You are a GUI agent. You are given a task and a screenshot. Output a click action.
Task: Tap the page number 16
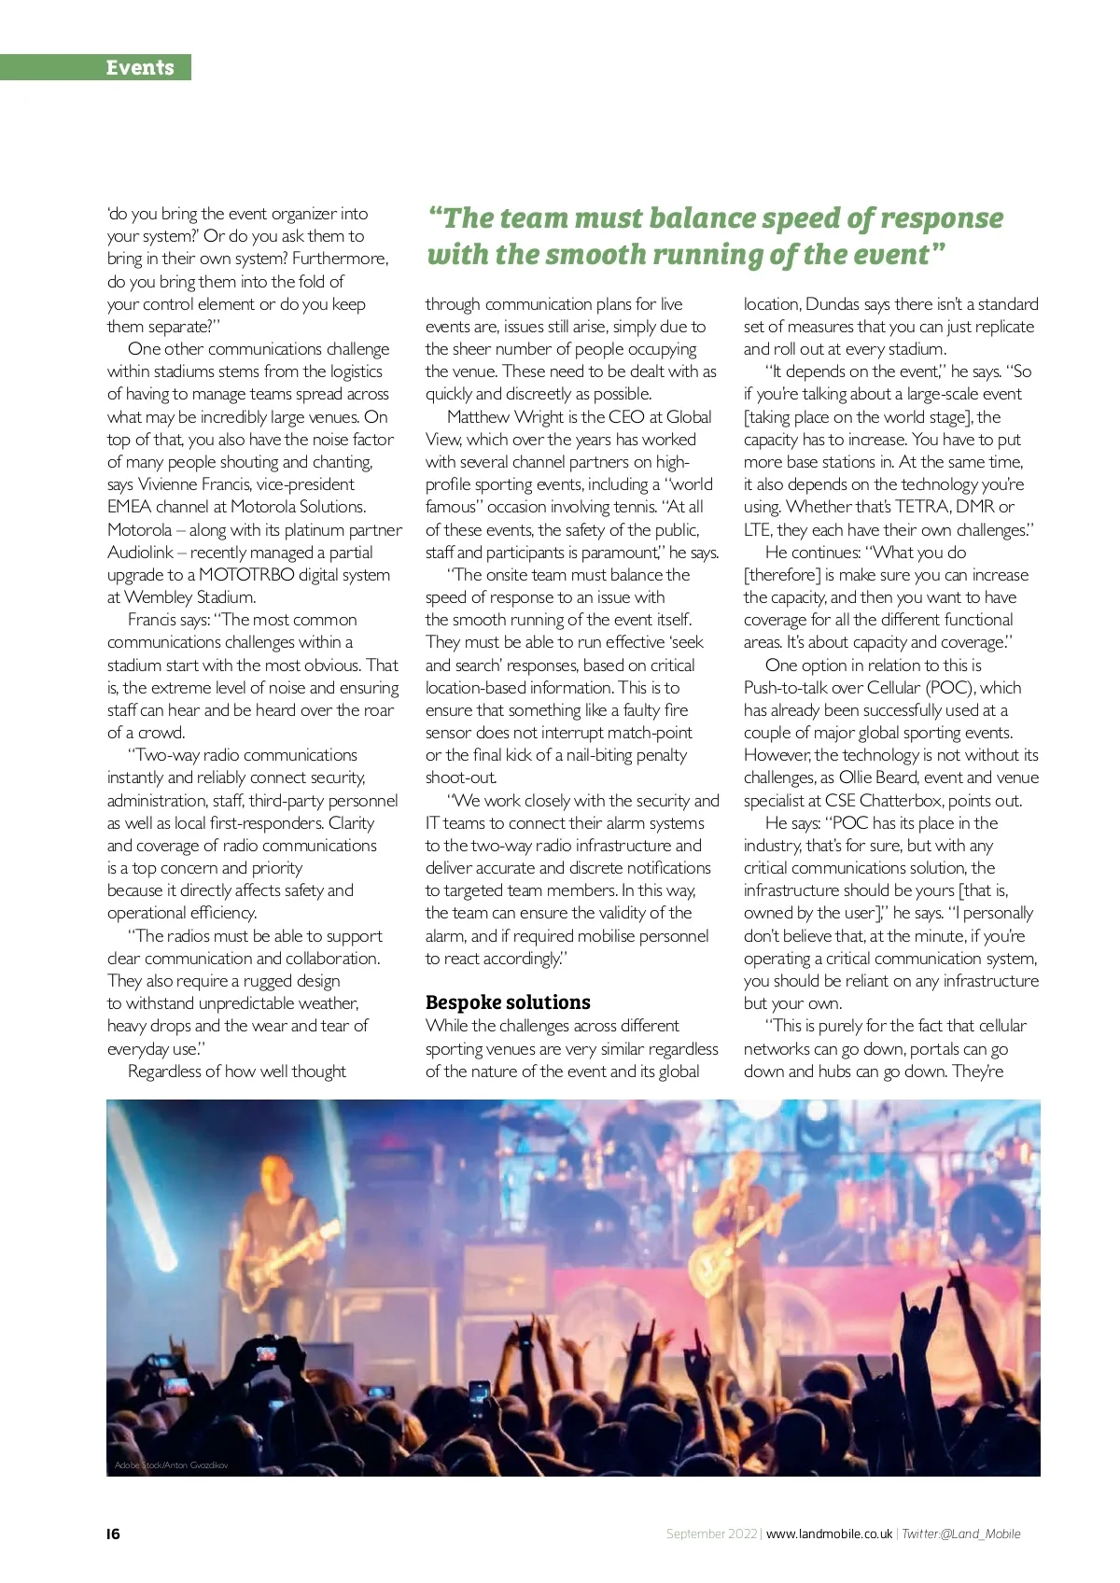[113, 1534]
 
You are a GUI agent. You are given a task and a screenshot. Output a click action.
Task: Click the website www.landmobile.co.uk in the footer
[829, 1534]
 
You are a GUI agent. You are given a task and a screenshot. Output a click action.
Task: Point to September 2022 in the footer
[711, 1534]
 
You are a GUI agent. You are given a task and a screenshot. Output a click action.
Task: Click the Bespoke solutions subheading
[508, 1002]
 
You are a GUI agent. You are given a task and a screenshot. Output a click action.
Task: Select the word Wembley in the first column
[157, 597]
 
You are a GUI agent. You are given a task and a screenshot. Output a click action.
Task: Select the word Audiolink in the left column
[140, 553]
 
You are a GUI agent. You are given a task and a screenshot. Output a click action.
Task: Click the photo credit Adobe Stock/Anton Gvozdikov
[171, 1464]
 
